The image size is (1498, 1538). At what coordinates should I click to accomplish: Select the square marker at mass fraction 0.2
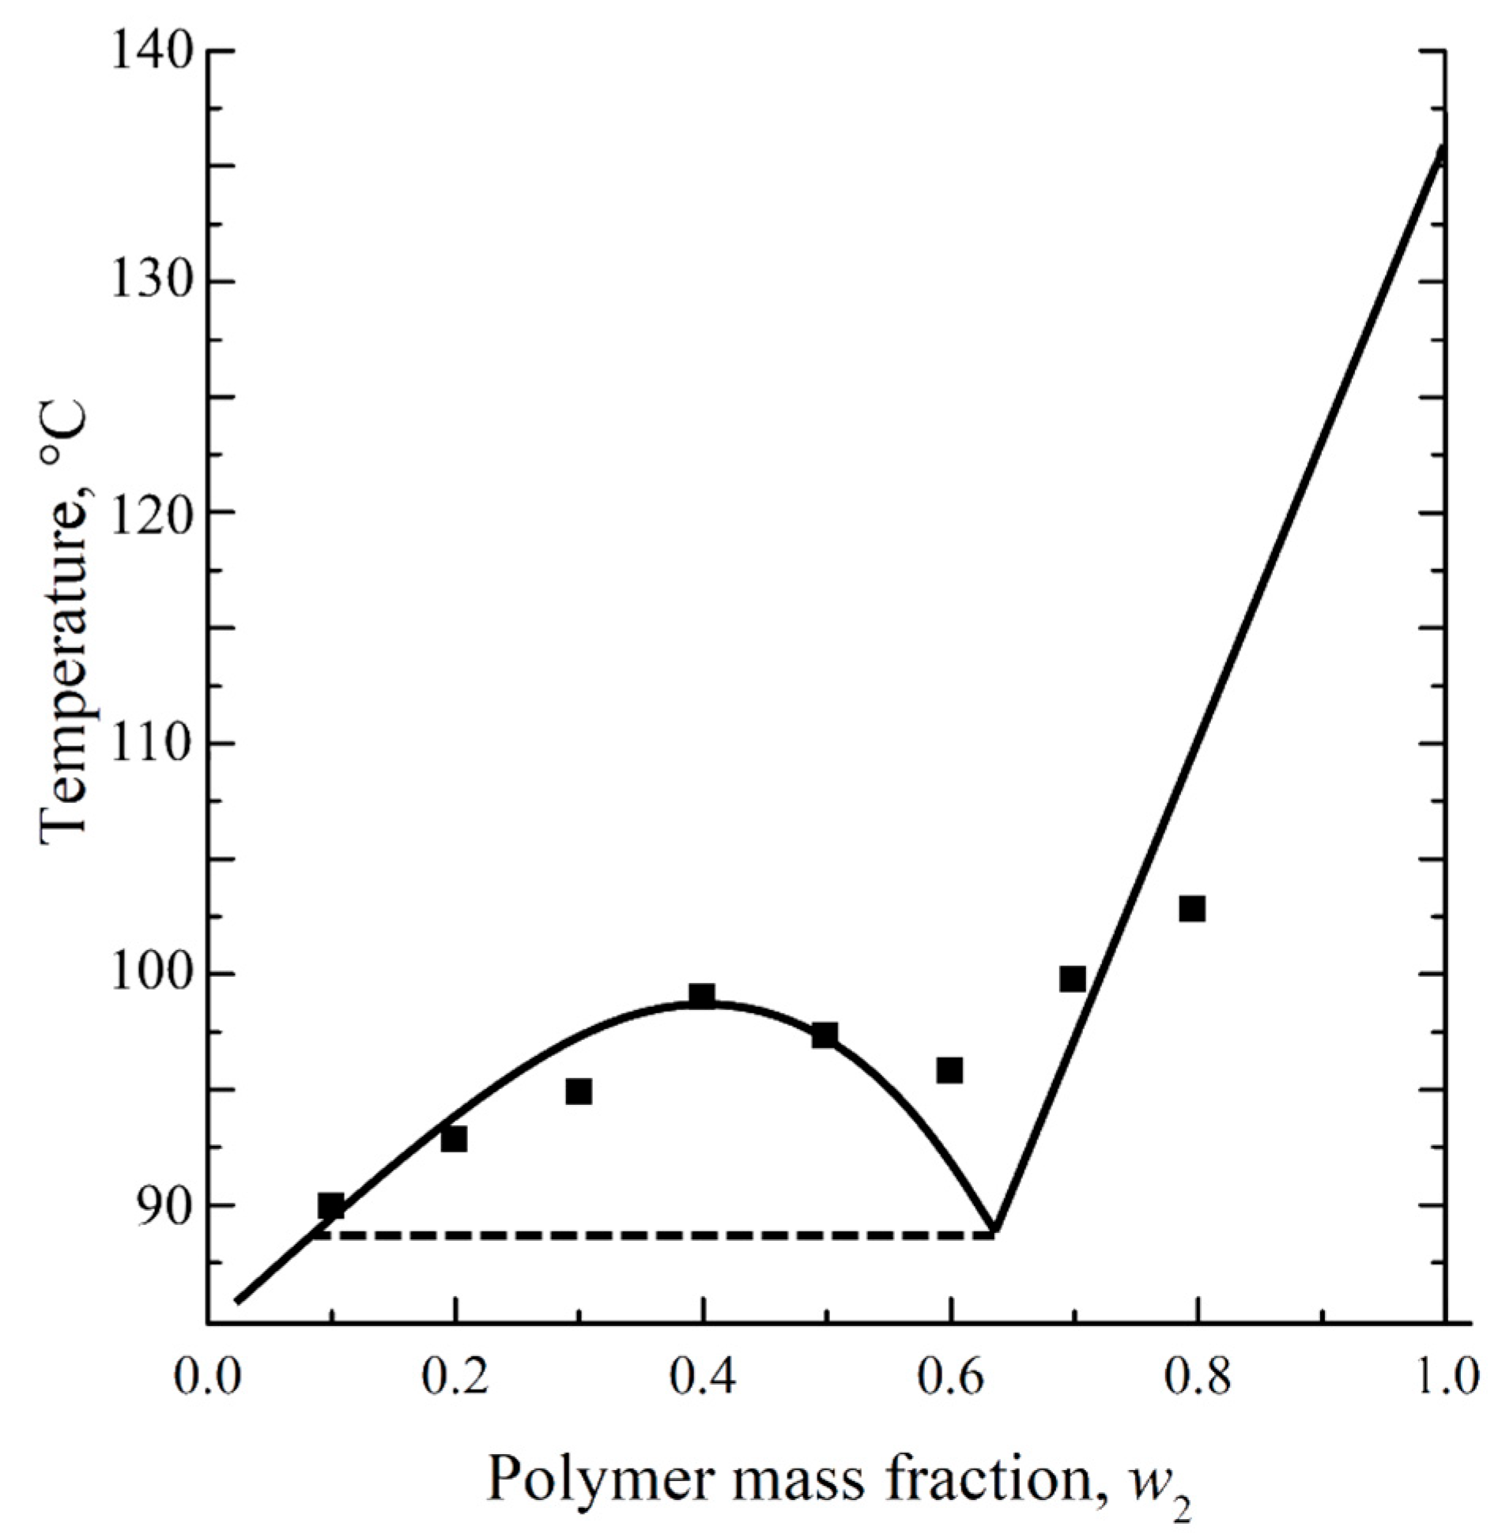click(454, 1139)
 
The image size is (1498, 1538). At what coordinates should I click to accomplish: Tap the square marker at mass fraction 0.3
click(579, 1091)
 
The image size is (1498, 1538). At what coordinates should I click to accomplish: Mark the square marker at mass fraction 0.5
click(824, 1035)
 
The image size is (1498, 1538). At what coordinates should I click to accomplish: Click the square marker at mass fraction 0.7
click(1073, 978)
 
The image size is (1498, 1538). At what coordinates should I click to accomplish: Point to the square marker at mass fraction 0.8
click(1192, 909)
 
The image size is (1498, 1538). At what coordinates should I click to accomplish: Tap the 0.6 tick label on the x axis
click(949, 1376)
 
